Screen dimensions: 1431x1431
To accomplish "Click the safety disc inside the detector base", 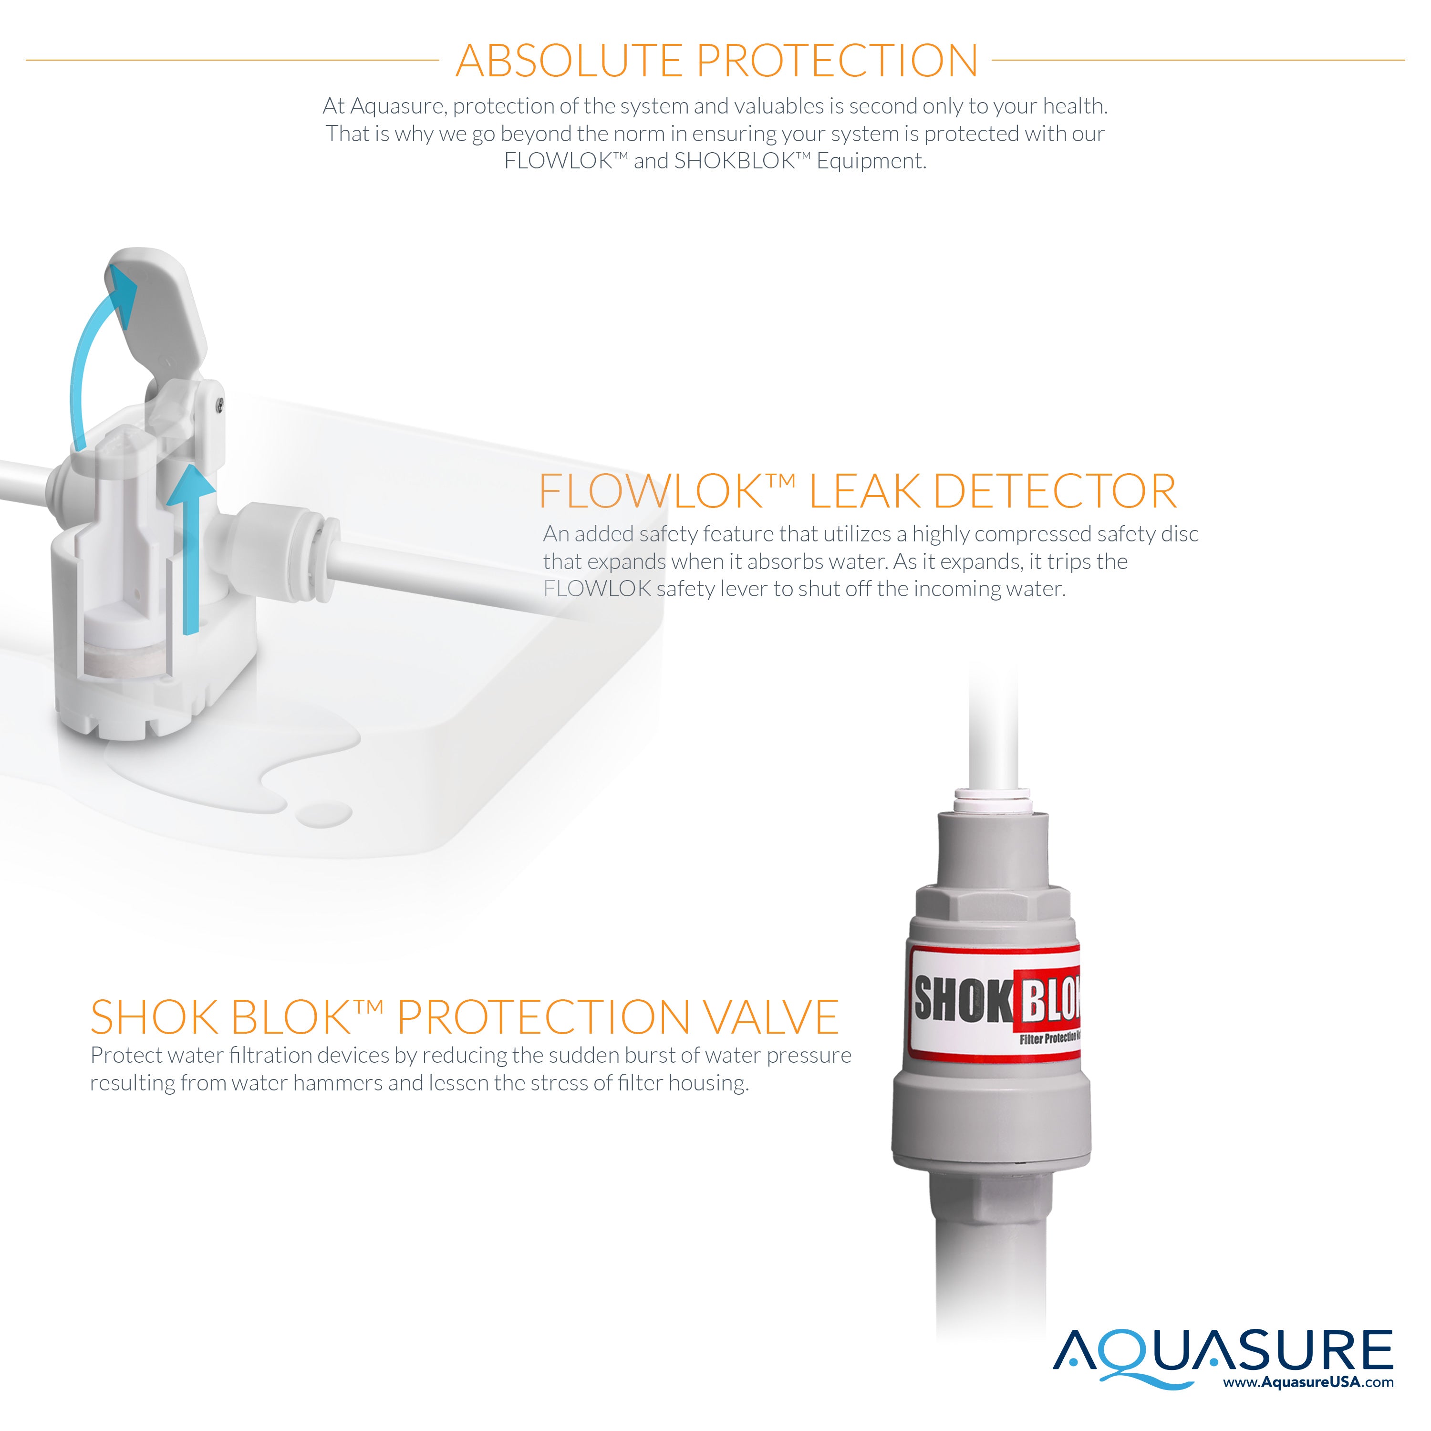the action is tap(127, 659).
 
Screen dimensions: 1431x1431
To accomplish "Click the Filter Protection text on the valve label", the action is tap(1049, 1038).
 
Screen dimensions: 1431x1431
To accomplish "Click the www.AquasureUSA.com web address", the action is tap(1308, 1382).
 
